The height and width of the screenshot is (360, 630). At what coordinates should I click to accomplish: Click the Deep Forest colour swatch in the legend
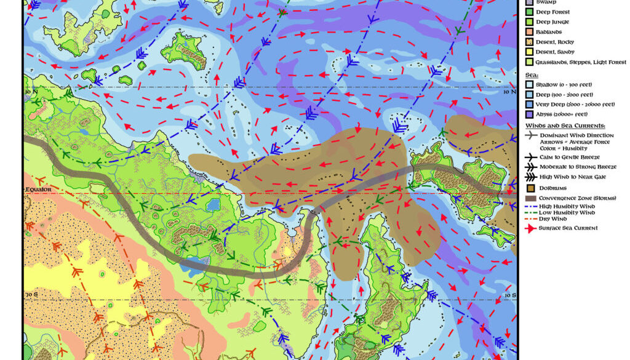[528, 12]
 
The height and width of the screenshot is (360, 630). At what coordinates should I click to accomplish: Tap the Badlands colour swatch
[528, 32]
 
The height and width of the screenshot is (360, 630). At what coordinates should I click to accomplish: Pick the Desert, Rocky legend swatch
[528, 42]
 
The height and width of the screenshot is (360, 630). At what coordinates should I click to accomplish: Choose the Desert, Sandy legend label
[555, 52]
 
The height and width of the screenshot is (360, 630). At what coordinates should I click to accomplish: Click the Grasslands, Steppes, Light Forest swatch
[528, 62]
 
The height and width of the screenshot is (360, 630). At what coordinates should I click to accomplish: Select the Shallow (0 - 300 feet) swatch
[528, 84]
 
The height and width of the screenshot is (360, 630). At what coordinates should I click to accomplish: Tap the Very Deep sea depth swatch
[528, 104]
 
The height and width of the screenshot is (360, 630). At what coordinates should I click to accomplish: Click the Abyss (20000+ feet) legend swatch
[528, 114]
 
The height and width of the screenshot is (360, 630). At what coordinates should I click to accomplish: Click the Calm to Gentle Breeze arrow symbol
[529, 158]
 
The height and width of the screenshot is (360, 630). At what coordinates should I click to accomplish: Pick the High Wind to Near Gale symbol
[529, 177]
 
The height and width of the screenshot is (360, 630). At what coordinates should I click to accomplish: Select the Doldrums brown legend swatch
[528, 188]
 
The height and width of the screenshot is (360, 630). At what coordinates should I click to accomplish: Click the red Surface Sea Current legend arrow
[529, 228]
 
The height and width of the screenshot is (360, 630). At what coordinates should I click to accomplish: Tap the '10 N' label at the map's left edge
[30, 91]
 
